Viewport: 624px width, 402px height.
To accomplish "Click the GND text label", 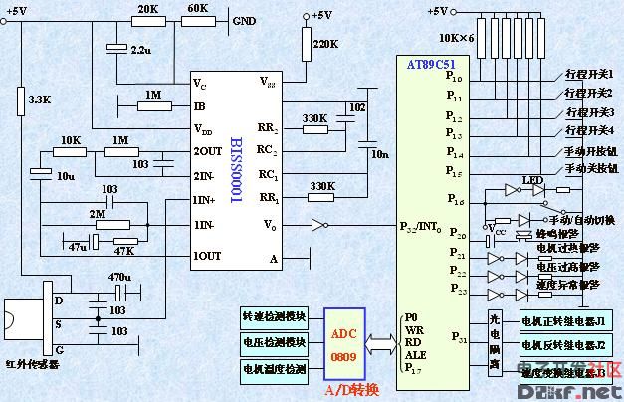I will (243, 21).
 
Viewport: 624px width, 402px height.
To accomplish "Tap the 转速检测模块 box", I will (274, 317).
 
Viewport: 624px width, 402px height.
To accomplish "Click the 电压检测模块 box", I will (274, 343).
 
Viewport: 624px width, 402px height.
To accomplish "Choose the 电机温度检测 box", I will (274, 369).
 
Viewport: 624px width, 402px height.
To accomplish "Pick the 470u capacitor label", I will (119, 278).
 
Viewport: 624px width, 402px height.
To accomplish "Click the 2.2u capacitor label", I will (140, 49).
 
